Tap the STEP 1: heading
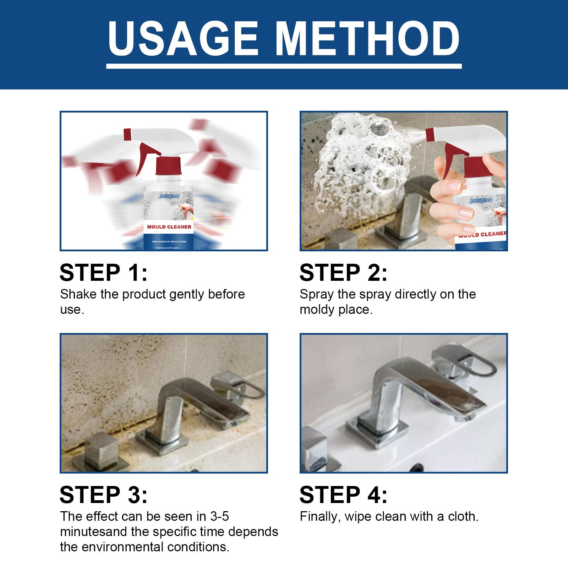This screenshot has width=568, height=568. pos(103,273)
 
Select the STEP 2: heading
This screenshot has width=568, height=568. pos(343,273)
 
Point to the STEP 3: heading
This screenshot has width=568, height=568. pos(103,495)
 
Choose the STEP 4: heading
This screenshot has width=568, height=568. pos(343,495)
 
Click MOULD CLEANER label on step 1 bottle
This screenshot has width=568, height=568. pos(169,227)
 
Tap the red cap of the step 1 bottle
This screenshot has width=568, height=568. pos(169,167)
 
